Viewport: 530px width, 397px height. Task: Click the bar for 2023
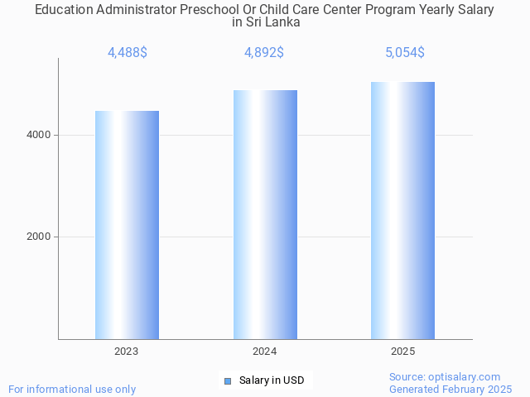127,225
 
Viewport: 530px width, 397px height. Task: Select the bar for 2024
265,214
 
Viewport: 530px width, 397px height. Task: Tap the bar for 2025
402,210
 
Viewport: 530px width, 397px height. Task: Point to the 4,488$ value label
128,52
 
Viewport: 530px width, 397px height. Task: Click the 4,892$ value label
264,52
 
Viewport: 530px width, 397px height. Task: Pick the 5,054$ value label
404,52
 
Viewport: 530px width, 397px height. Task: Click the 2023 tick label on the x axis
127,352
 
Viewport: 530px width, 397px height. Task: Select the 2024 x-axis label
265,352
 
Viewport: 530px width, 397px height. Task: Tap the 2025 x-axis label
403,352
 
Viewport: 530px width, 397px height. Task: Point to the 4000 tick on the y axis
38,135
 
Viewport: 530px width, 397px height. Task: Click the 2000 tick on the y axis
38,237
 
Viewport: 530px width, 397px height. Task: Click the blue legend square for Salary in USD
228,380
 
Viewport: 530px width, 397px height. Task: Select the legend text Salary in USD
272,380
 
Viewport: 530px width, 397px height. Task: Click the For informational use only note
72,389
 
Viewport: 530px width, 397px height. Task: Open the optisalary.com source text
445,376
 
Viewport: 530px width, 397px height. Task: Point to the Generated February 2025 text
450,389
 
